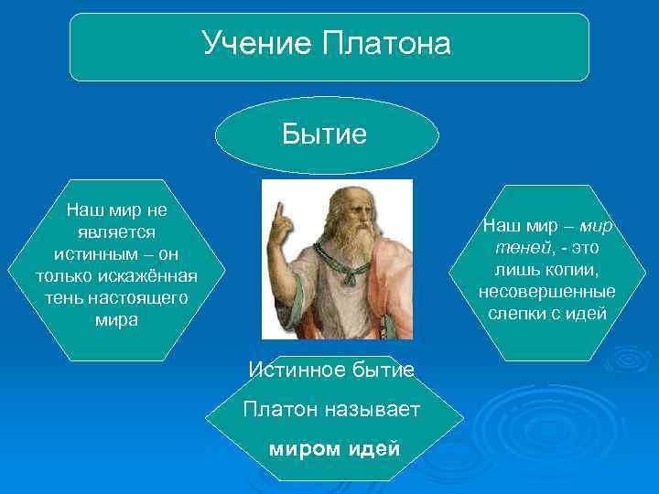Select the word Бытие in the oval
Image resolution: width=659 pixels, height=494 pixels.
325,134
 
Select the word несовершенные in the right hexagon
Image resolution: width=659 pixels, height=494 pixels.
546,291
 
